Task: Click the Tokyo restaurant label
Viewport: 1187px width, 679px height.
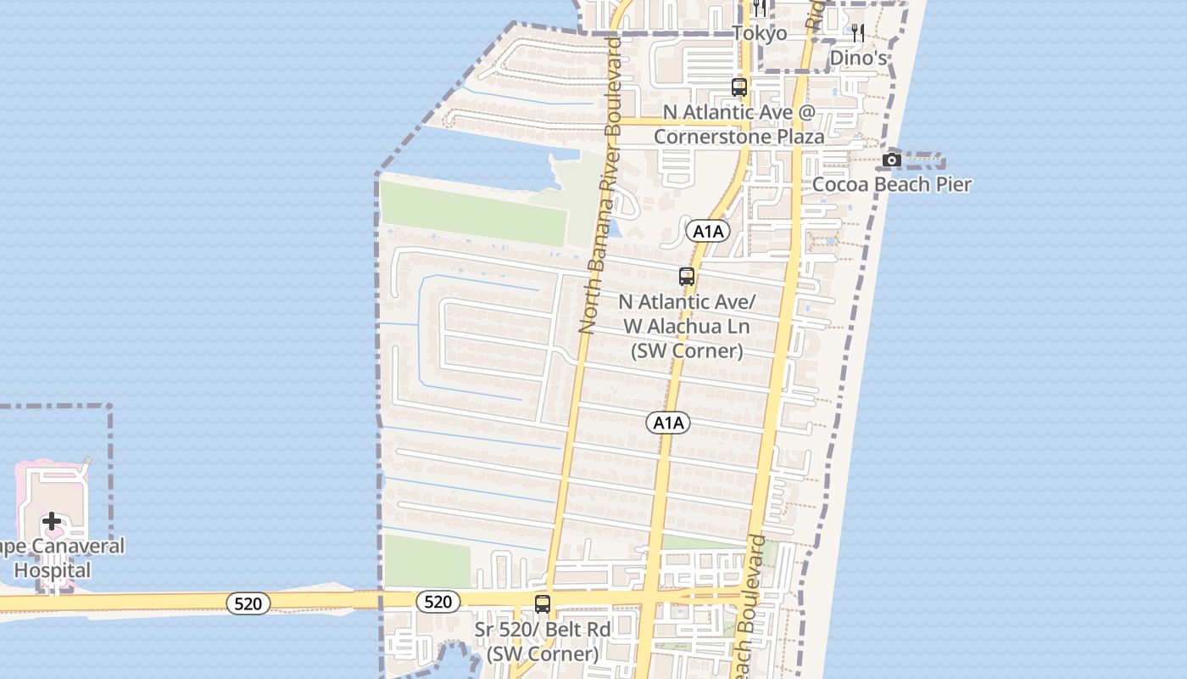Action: [760, 33]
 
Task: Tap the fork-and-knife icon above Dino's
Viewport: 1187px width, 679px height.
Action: [858, 33]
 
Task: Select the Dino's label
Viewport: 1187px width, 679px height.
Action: [858, 58]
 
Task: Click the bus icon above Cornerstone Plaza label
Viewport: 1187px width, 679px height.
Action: [739, 87]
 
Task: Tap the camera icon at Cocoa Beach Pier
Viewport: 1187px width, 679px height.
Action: [891, 160]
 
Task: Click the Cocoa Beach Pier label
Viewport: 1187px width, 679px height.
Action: [892, 184]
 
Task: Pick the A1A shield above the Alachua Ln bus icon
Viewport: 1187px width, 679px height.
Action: [708, 231]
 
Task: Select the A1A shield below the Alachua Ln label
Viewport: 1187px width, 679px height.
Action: [668, 423]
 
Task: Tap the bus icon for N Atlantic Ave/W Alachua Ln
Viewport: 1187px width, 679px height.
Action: [687, 277]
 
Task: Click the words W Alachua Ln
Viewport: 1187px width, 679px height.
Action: [687, 326]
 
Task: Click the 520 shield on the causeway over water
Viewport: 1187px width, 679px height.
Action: [248, 603]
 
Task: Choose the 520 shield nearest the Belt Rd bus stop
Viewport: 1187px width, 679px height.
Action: [437, 602]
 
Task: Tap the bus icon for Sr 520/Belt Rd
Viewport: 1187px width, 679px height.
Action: [543, 605]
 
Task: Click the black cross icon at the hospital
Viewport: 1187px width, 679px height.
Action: [52, 521]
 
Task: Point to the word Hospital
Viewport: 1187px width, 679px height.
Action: [53, 570]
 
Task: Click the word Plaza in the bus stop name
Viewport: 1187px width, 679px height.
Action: [796, 136]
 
